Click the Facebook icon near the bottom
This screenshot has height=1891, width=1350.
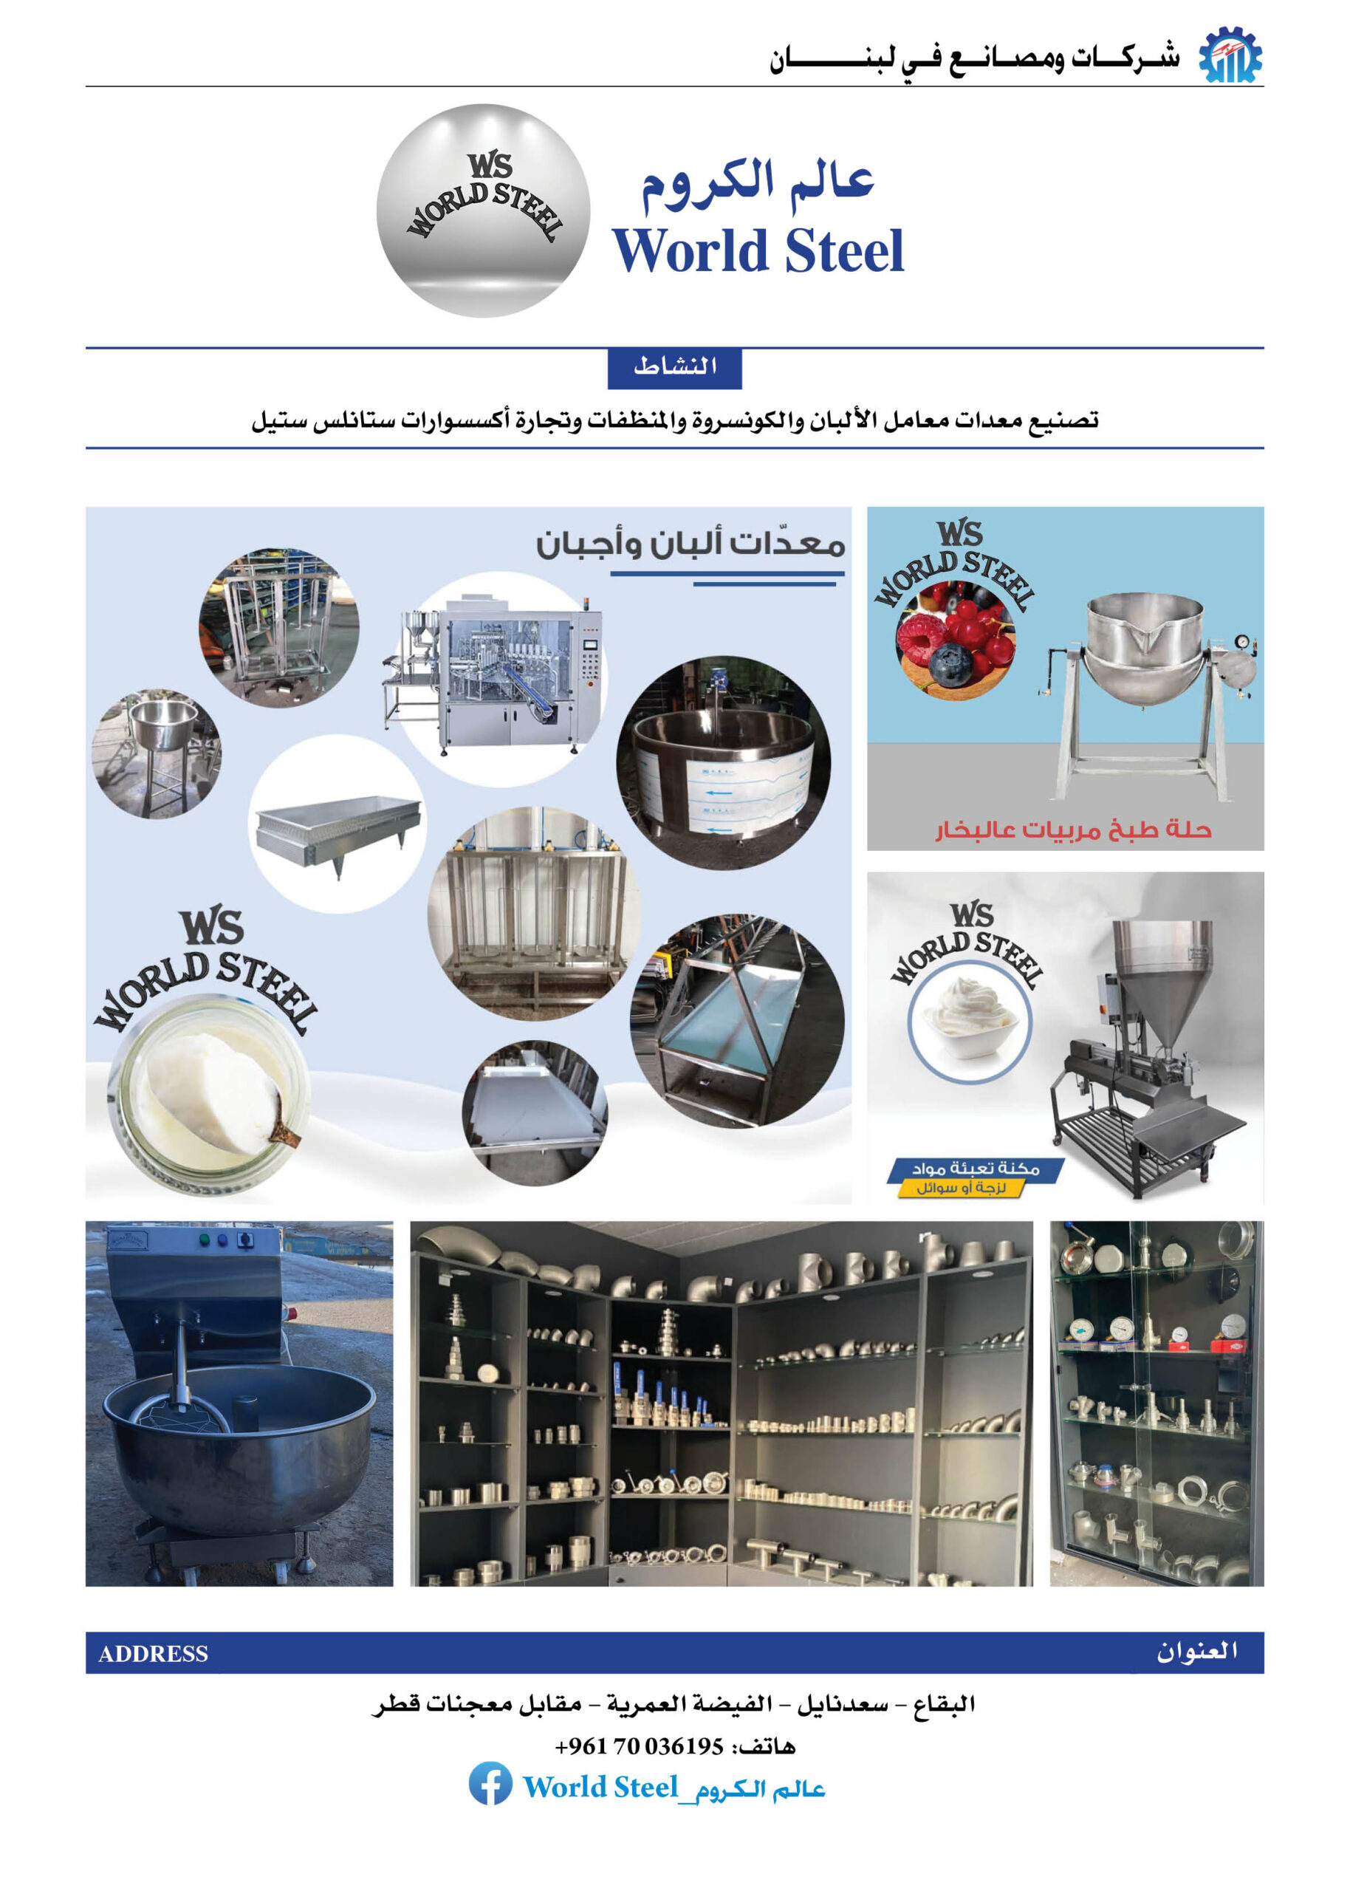[490, 1784]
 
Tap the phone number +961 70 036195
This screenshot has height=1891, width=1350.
[638, 1745]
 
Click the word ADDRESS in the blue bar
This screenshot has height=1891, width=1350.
[153, 1654]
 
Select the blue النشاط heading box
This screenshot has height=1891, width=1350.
[674, 366]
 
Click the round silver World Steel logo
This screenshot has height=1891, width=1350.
[483, 211]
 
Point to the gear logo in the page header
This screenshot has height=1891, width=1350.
[1230, 55]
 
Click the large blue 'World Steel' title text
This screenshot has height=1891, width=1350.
[758, 251]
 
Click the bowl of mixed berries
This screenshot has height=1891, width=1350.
[955, 639]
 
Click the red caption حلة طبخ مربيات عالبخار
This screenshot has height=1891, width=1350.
[1073, 830]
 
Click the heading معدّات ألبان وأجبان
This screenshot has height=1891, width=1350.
[690, 544]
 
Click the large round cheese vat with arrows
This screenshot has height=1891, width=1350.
[722, 765]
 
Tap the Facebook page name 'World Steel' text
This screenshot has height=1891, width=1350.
[600, 1786]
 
